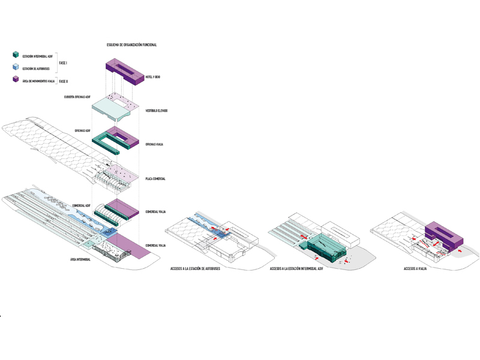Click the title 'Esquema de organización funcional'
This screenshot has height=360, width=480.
point(131,45)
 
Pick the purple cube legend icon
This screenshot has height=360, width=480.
point(16,80)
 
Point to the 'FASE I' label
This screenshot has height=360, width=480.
point(63,62)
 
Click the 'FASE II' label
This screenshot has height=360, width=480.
point(64,80)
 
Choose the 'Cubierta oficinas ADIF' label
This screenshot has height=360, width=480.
point(77,97)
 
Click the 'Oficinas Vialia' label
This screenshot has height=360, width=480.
point(154,145)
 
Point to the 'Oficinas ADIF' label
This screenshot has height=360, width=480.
point(82,130)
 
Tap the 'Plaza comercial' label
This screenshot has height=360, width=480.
point(155,179)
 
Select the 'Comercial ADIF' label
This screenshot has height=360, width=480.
point(81,205)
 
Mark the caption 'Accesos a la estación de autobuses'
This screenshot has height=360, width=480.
point(195,269)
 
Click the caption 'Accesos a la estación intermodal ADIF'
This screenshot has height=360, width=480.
point(296,269)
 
